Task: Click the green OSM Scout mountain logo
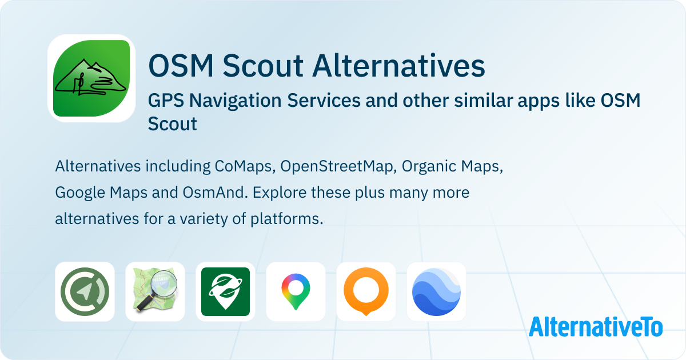point(91,78)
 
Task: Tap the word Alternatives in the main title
point(398,66)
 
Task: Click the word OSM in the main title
point(181,66)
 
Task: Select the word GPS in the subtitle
point(166,101)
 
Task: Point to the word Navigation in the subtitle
point(236,101)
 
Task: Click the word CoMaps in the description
point(243,167)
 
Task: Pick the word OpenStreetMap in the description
point(337,167)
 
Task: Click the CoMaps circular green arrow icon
point(85,291)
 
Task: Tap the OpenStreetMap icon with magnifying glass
point(155,290)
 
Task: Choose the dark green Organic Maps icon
point(225,291)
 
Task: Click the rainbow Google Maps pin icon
point(296,291)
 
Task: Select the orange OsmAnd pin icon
point(366,291)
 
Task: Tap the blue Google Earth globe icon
point(436,291)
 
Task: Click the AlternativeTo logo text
point(596,327)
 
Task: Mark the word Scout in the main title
point(263,66)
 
